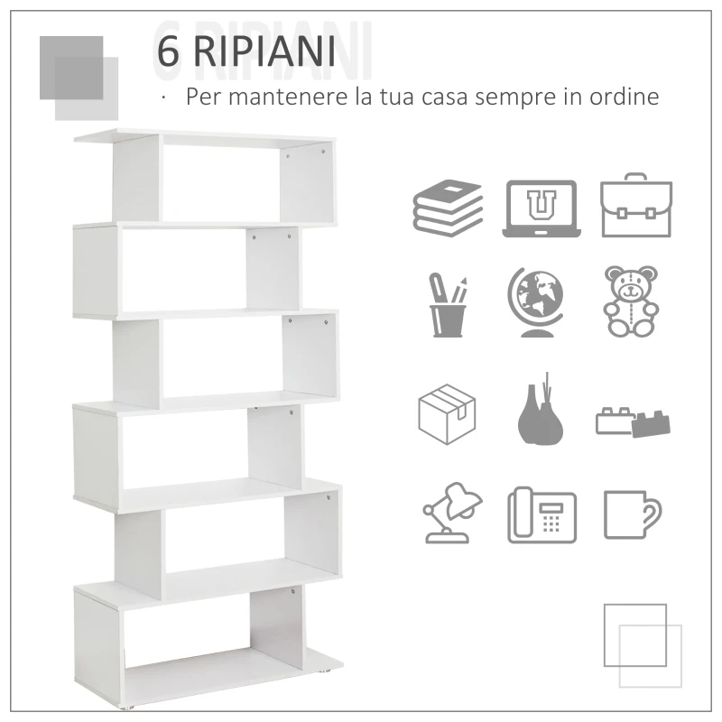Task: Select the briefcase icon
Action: pos(635,207)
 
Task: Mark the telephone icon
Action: pos(541,514)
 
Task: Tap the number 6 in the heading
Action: pos(168,52)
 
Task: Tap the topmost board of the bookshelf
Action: pos(203,138)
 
